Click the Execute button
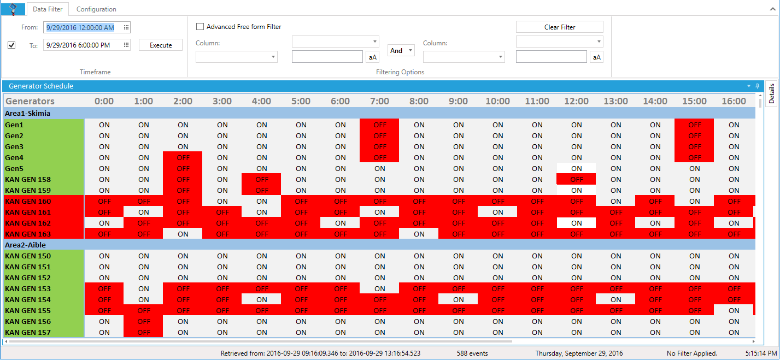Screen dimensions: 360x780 pos(161,45)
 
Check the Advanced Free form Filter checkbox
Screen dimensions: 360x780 pos(200,27)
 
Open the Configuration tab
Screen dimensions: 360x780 pos(96,9)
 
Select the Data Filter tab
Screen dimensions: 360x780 pos(48,9)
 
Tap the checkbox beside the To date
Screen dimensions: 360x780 pos(11,45)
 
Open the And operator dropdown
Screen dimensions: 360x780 pos(401,51)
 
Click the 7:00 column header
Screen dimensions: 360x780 pos(379,101)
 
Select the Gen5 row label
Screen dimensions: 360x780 pos(14,168)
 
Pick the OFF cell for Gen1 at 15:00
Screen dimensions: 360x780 pos(694,125)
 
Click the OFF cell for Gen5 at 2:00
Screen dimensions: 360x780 pos(183,168)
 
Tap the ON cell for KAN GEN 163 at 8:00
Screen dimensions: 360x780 pos(419,234)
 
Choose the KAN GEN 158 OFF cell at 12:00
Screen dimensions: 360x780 pos(576,179)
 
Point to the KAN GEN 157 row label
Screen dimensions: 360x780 pos(28,332)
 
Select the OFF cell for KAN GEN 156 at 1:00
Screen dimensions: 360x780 pos(143,321)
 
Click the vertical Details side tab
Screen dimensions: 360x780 pos(772,93)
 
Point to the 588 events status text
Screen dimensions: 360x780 pos(472,353)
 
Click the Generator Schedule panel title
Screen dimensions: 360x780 pos(41,86)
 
